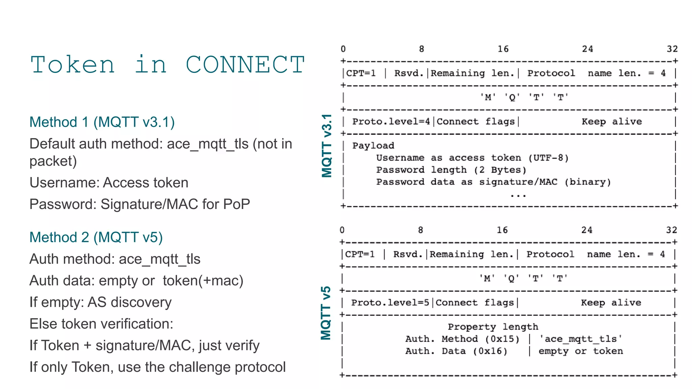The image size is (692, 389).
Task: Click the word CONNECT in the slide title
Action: click(x=245, y=65)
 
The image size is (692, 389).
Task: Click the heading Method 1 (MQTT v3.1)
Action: click(x=102, y=122)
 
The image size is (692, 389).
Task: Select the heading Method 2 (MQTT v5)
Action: click(x=96, y=237)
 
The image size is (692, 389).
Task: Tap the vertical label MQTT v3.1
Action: click(x=327, y=146)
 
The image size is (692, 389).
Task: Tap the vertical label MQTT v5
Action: click(x=326, y=313)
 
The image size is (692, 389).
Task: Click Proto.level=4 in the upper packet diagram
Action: click(x=391, y=122)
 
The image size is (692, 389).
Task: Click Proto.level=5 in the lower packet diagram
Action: click(x=390, y=303)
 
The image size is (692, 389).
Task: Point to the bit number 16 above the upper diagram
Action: click(x=503, y=49)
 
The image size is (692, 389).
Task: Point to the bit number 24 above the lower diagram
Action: click(x=587, y=230)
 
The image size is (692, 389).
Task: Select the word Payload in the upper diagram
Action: click(x=373, y=146)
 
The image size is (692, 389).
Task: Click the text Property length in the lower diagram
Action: click(x=493, y=327)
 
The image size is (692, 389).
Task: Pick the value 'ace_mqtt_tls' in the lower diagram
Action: click(x=580, y=339)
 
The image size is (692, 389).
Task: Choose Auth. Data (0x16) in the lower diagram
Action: click(x=456, y=351)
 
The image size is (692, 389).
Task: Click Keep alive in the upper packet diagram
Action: click(x=612, y=122)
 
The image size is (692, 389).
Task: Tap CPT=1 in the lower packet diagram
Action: click(x=360, y=254)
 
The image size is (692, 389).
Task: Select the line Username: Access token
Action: click(x=109, y=183)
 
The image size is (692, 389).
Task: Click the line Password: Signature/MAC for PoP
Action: click(x=140, y=204)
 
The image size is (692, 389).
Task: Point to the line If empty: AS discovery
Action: click(x=100, y=302)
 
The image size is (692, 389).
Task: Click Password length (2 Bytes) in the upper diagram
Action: click(x=451, y=170)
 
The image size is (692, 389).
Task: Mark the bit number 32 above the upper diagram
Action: click(x=672, y=49)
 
